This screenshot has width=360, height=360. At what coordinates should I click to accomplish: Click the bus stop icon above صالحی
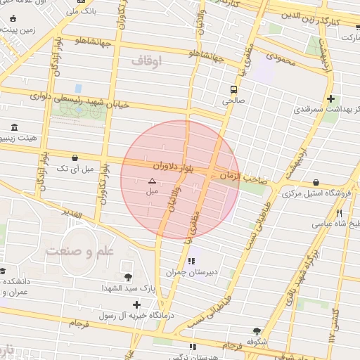click(x=233, y=89)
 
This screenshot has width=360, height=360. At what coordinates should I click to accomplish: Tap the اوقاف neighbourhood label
click(x=146, y=61)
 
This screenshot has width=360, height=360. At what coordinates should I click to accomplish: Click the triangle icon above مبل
click(x=152, y=181)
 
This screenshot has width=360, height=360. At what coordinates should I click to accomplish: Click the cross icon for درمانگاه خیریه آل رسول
click(x=136, y=304)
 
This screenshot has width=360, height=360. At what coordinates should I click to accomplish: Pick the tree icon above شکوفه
click(x=256, y=331)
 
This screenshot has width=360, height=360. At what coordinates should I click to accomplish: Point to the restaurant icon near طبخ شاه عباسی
click(x=339, y=213)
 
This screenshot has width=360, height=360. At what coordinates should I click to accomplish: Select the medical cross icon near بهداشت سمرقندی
click(x=330, y=98)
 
